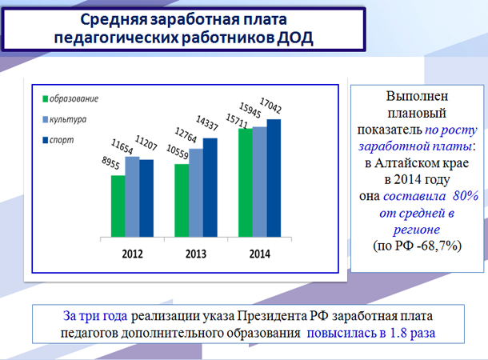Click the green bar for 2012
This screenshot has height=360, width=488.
pyautogui.click(x=118, y=206)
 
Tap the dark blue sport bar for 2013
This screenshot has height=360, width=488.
pyautogui.click(x=210, y=188)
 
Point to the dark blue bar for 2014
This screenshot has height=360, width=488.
pyautogui.click(x=274, y=178)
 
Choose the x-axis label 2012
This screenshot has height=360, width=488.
pyautogui.click(x=133, y=254)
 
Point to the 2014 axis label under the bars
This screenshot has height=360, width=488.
pyautogui.click(x=258, y=254)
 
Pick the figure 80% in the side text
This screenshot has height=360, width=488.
pyautogui.click(x=464, y=197)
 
